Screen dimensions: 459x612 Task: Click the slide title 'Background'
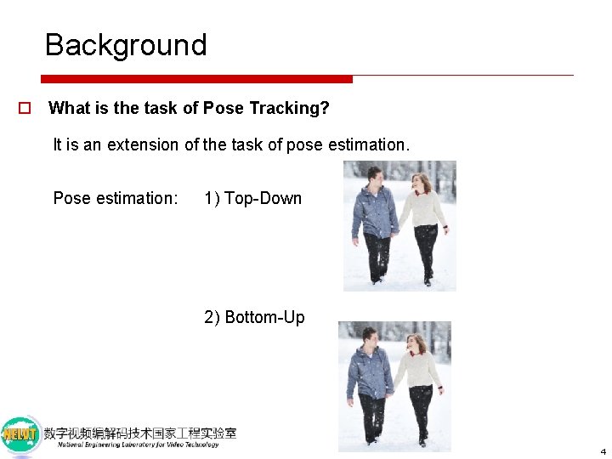pyautogui.click(x=126, y=45)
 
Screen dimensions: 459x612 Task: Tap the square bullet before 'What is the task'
pyautogui.click(x=25, y=109)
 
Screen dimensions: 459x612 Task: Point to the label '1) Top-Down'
pyautogui.click(x=252, y=199)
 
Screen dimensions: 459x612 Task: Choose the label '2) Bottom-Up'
pyautogui.click(x=254, y=318)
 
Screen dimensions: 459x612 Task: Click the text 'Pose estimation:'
pyautogui.click(x=116, y=199)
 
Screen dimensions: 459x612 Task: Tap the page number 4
pyautogui.click(x=603, y=451)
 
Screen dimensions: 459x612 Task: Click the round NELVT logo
pyautogui.click(x=21, y=435)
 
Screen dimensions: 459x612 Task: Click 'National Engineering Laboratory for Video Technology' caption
pyautogui.click(x=138, y=445)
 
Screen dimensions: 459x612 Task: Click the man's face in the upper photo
pyautogui.click(x=375, y=178)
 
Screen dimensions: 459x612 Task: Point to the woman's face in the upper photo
pyautogui.click(x=419, y=183)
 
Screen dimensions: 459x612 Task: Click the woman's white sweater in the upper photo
pyautogui.click(x=422, y=208)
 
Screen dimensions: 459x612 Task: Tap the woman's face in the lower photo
pyautogui.click(x=416, y=343)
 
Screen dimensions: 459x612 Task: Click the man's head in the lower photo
pyautogui.click(x=370, y=335)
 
